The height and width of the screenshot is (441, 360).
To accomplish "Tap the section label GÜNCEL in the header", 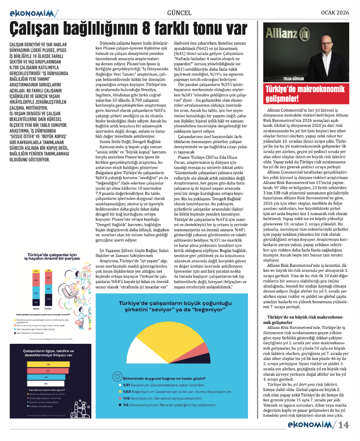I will (x=179, y=12).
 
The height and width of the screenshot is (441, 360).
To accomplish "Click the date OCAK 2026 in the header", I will (x=332, y=12).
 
